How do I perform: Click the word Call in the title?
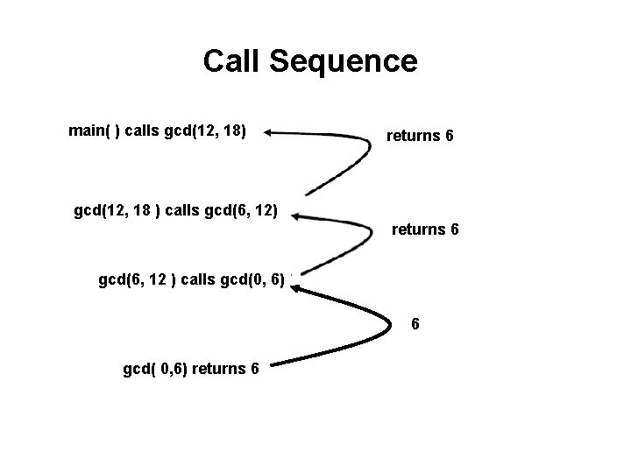232,61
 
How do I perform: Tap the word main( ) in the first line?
94,132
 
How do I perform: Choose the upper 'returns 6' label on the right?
420,137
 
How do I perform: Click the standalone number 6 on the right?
416,324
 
